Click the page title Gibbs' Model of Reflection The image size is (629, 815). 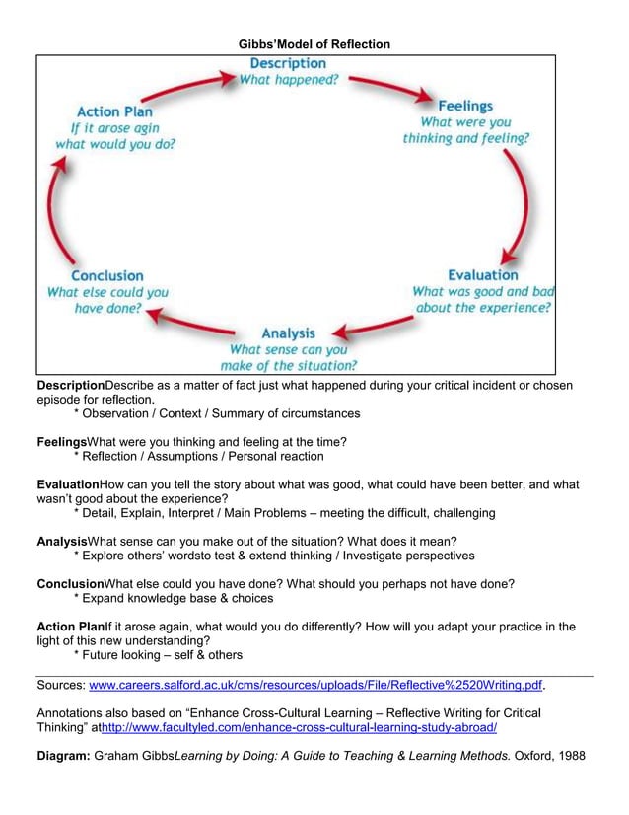[314, 44]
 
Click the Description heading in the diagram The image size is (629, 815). [287, 64]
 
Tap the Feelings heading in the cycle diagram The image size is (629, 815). [465, 106]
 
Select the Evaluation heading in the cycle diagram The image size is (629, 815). [482, 275]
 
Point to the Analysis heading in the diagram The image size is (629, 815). [288, 333]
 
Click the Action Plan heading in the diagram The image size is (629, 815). [114, 112]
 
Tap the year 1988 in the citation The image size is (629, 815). [570, 756]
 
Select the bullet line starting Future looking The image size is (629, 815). [158, 654]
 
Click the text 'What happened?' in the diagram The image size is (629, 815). [287, 81]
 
